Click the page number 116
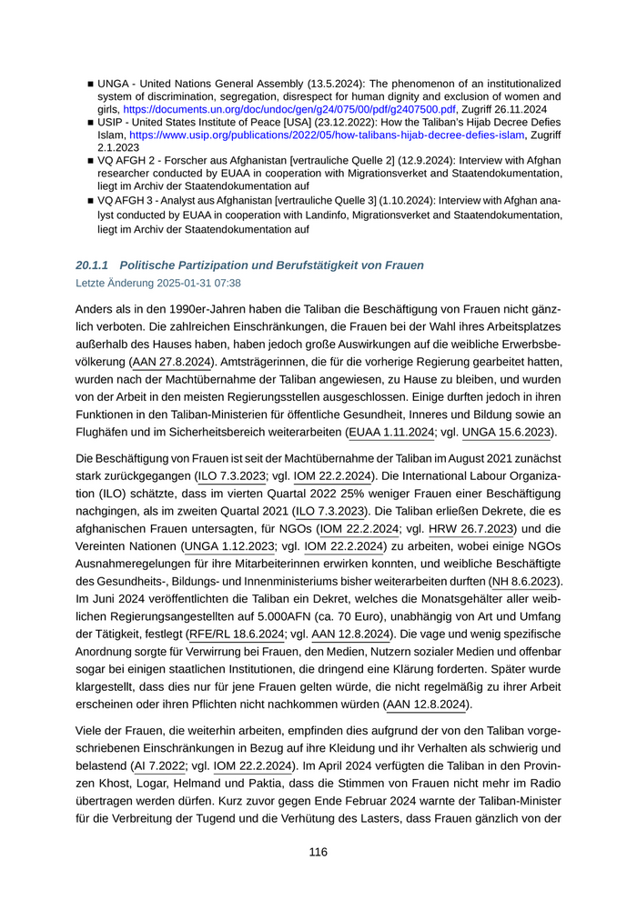(x=318, y=852)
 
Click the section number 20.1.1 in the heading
(x=93, y=265)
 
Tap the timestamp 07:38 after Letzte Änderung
(x=227, y=283)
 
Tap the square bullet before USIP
(x=91, y=122)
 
